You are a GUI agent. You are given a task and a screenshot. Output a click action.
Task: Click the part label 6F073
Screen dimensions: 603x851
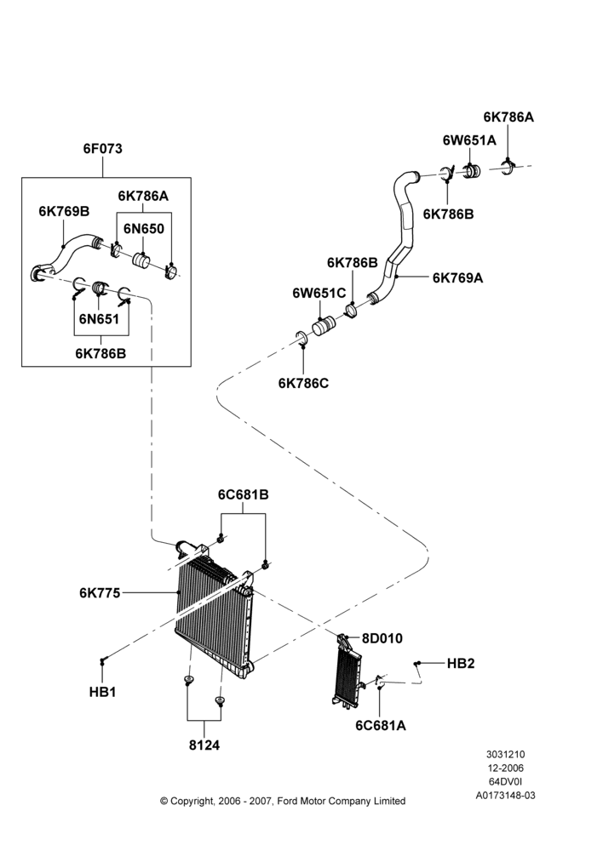[103, 149]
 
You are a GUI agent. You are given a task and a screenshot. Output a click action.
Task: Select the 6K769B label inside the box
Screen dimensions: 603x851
[64, 211]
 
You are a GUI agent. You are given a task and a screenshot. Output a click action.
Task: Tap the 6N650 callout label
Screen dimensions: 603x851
[143, 228]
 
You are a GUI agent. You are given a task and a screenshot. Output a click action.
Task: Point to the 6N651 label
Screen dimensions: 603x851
[99, 318]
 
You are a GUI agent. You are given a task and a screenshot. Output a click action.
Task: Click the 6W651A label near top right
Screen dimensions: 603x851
[469, 140]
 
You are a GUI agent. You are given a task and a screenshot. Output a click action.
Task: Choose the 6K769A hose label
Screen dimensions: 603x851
[458, 278]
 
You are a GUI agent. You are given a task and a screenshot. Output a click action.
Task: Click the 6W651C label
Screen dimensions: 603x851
[319, 293]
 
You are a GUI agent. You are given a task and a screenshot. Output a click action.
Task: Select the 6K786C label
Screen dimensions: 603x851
[304, 383]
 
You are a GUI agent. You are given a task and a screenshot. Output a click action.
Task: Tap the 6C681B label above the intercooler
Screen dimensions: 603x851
[244, 495]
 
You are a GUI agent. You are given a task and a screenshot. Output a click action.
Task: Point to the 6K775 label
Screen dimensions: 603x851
[100, 592]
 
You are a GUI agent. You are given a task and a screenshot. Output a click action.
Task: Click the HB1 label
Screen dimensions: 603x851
[103, 693]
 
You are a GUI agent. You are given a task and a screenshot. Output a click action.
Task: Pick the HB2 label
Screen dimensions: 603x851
[461, 663]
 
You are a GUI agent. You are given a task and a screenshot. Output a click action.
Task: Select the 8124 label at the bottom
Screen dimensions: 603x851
[204, 745]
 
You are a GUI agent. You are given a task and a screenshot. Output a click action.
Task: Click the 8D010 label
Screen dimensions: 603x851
[382, 638]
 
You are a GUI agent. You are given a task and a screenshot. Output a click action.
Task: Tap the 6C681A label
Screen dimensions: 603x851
[381, 725]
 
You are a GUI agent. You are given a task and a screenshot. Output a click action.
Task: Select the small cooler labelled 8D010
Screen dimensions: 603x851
[347, 674]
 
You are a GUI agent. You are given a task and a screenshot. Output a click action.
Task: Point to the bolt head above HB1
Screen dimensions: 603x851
[102, 660]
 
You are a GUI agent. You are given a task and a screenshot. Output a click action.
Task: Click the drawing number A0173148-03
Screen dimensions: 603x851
[505, 796]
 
